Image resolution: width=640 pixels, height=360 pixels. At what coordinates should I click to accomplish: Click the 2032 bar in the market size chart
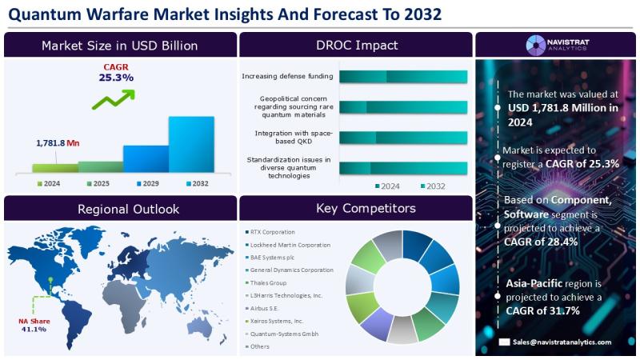click(x=191, y=144)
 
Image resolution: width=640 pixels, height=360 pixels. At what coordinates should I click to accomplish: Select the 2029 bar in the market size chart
click(x=146, y=158)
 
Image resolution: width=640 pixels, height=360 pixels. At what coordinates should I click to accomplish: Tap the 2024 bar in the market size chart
click(x=55, y=168)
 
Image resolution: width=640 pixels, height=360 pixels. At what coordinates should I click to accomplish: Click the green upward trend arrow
click(x=114, y=100)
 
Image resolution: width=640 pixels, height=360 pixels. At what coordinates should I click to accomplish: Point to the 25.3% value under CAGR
click(x=116, y=78)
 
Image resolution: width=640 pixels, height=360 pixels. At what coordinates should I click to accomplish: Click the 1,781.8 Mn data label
click(x=58, y=143)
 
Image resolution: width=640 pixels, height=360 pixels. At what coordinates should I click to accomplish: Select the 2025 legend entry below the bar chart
click(x=98, y=184)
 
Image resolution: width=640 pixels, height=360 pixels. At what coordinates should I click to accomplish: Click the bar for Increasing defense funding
click(x=403, y=77)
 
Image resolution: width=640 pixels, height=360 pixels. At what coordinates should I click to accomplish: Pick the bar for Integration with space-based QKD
click(x=403, y=138)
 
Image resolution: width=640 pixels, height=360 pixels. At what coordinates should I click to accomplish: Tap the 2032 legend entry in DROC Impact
click(x=433, y=186)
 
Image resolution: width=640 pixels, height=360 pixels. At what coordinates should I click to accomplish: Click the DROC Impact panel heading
click(x=357, y=45)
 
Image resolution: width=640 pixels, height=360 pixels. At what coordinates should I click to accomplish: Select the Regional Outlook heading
click(x=128, y=209)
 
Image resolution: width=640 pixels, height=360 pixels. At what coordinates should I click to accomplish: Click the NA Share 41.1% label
click(x=34, y=325)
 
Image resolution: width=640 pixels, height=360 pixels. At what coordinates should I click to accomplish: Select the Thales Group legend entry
click(x=266, y=283)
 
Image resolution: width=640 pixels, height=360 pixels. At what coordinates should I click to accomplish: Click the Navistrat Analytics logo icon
click(x=535, y=45)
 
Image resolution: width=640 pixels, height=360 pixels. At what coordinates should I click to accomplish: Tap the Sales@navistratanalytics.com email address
click(x=562, y=342)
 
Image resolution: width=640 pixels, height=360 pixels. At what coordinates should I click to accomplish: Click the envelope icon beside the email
click(x=504, y=342)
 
